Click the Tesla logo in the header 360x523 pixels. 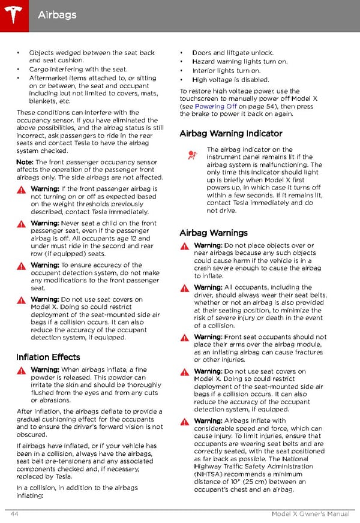click(x=13, y=13)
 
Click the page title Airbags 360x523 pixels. click(x=57, y=14)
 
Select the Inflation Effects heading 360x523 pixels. click(x=48, y=357)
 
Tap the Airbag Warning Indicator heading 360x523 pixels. click(x=230, y=133)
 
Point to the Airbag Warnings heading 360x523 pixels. click(x=213, y=232)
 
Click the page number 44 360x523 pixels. click(x=14, y=514)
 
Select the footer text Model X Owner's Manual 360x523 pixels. click(x=311, y=514)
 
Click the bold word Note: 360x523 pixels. click(x=25, y=162)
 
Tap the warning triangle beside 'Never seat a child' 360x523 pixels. click(x=21, y=224)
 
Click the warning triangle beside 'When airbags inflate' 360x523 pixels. click(x=21, y=370)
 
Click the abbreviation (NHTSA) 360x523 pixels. click(x=211, y=473)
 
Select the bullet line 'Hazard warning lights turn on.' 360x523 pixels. click(x=239, y=61)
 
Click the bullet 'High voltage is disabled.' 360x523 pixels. click(x=230, y=79)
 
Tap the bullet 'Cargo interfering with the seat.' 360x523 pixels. click(x=78, y=69)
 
